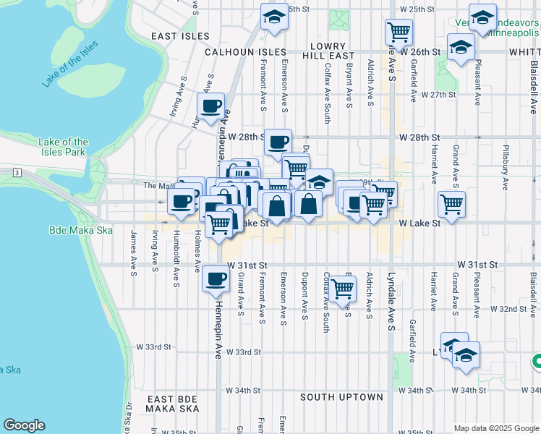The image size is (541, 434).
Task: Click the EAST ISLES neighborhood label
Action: [181, 36]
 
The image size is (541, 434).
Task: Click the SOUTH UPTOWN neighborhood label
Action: [341, 397]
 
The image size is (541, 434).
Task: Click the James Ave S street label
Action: [134, 253]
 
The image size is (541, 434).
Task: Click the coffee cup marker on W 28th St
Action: [277, 141]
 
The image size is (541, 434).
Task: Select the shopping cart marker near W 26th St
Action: [399, 32]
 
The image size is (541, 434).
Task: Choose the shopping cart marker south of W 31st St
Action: [342, 288]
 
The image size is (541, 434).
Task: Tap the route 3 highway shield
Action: [15, 173]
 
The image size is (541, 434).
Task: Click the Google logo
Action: [24, 425]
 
